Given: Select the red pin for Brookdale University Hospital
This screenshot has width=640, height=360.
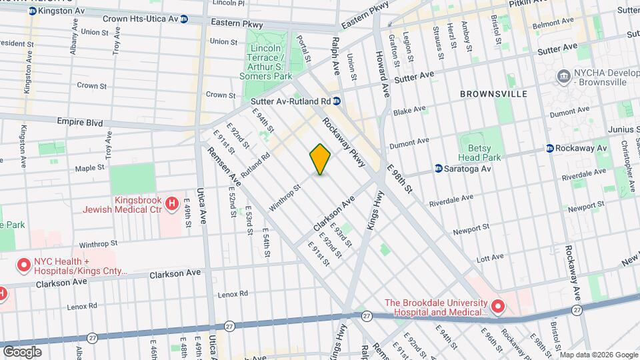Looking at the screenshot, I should point(497,307).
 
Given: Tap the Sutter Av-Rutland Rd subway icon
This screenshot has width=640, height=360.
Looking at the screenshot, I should point(337,101).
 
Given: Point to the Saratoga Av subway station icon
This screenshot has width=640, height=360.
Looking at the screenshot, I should point(439,169).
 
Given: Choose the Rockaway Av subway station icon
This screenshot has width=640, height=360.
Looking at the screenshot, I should point(550,148).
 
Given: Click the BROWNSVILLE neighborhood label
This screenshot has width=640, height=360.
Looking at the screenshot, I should point(493,94).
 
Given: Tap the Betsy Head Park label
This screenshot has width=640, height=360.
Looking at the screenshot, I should point(479,153).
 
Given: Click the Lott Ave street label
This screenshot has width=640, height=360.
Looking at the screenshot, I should point(489,257).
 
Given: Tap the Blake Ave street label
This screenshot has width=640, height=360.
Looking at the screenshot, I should point(409,110).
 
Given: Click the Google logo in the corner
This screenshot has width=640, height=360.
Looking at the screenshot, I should point(22,351).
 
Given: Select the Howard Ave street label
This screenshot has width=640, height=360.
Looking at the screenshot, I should point(382,73).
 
